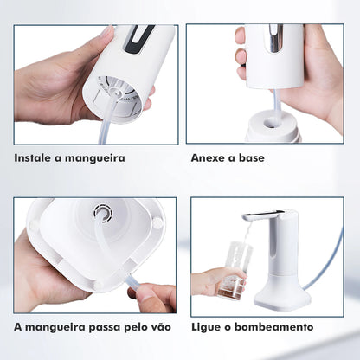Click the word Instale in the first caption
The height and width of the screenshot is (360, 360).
[35, 158]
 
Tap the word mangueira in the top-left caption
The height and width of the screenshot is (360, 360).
[95, 159]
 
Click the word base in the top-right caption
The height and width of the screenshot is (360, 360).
[251, 158]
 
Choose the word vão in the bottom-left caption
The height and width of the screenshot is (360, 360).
[159, 327]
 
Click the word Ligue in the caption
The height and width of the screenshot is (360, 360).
[208, 327]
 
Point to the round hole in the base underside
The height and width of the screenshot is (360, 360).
[105, 214]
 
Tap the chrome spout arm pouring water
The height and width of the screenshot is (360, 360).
[259, 216]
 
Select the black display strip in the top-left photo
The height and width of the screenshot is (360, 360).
[138, 39]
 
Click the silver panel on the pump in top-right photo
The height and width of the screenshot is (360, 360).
[275, 40]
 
